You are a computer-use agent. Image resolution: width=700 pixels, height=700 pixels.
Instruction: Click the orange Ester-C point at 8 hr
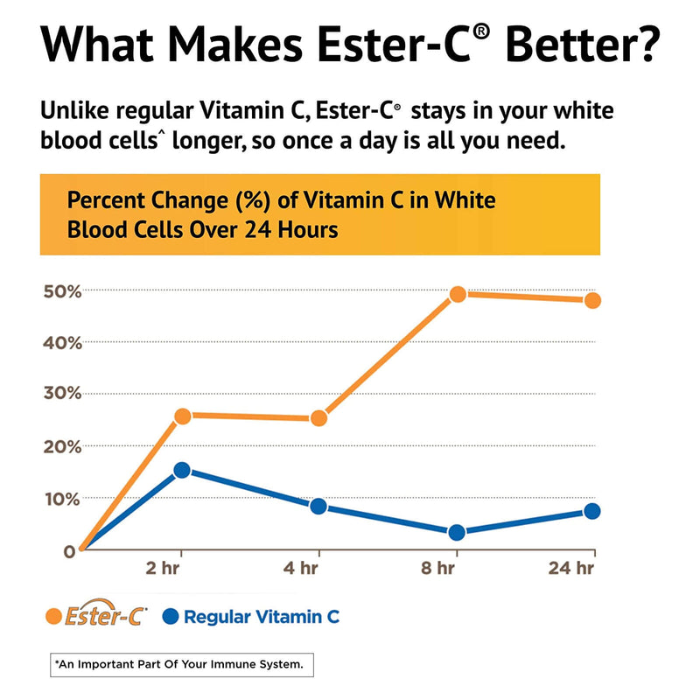(457, 294)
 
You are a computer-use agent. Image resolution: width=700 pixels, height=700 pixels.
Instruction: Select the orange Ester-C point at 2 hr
(182, 416)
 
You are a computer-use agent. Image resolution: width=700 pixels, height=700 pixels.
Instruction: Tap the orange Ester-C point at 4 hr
(318, 418)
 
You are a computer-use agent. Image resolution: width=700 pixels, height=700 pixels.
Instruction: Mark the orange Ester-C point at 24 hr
(592, 300)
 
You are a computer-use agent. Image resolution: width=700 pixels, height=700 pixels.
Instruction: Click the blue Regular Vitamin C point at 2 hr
(182, 470)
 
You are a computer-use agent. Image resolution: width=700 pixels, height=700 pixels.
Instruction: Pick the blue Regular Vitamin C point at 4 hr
(318, 506)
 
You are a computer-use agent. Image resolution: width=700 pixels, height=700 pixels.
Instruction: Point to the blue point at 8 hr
(456, 532)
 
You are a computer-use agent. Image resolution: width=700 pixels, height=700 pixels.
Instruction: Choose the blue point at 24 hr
(592, 511)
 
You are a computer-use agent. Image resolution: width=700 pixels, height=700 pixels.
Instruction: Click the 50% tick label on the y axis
(60, 290)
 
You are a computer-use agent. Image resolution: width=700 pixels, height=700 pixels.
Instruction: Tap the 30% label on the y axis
(60, 394)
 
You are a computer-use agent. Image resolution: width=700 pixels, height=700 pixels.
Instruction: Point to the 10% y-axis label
(60, 499)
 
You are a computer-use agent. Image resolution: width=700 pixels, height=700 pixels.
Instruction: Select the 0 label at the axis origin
(68, 551)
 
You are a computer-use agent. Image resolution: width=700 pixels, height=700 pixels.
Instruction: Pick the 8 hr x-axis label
(437, 570)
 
